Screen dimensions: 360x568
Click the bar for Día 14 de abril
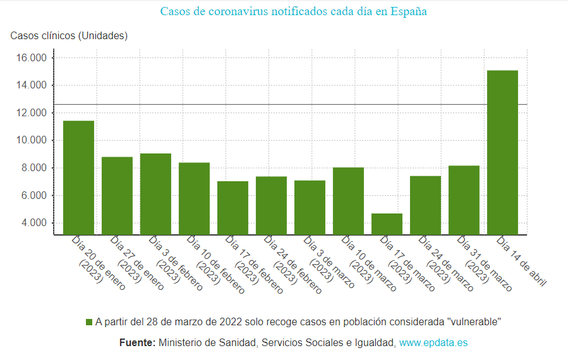(x=502, y=152)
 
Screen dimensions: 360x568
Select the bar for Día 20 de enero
(x=78, y=177)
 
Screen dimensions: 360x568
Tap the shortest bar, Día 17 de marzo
(x=387, y=224)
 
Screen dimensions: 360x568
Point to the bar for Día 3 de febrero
(x=155, y=194)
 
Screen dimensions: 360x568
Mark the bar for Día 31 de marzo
(x=464, y=200)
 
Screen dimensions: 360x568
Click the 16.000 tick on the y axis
(x=32, y=58)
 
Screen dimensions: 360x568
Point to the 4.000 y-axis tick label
(x=34, y=223)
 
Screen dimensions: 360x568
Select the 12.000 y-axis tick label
(x=32, y=113)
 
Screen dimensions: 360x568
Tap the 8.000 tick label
(x=34, y=168)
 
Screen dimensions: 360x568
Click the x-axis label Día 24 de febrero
(x=293, y=265)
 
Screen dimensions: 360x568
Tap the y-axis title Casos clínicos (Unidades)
(x=69, y=36)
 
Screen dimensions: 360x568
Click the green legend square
(x=89, y=322)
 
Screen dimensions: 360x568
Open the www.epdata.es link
(x=433, y=343)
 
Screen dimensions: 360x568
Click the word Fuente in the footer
(x=137, y=343)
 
